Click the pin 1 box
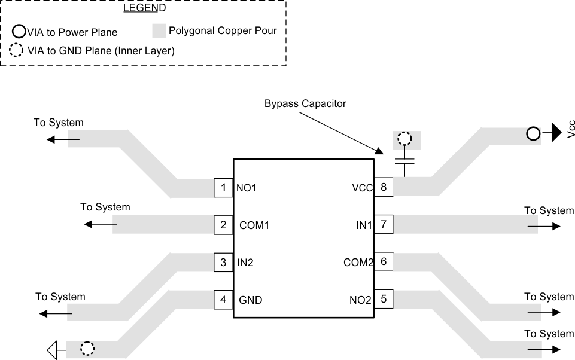[223, 188]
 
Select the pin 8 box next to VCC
[383, 187]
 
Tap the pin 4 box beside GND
[223, 300]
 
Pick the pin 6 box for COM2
[383, 262]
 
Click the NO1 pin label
[247, 188]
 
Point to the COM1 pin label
[254, 225]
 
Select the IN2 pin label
[245, 262]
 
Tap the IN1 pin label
[363, 225]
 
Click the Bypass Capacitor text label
[305, 103]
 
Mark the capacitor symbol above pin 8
[405, 161]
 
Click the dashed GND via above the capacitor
[405, 140]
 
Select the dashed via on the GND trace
[87, 349]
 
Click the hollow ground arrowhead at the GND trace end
[52, 349]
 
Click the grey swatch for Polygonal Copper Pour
[159, 30]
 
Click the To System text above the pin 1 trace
[58, 123]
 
